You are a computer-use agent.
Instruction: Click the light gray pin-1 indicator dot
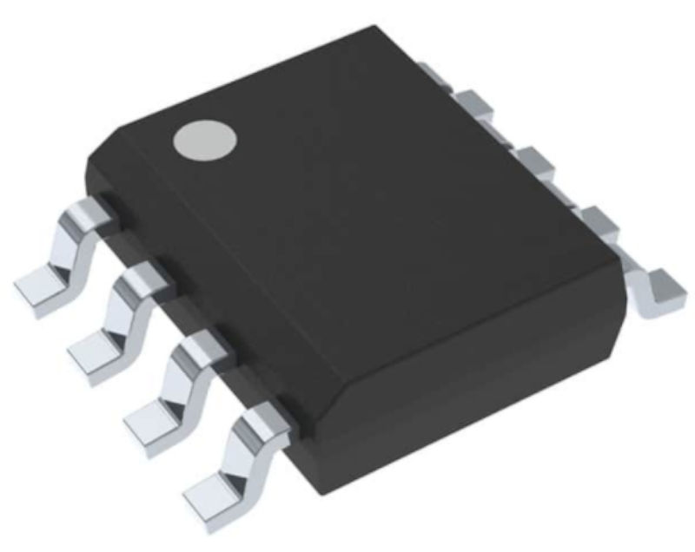tap(205, 141)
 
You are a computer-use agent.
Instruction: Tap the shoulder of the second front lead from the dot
tap(144, 279)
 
